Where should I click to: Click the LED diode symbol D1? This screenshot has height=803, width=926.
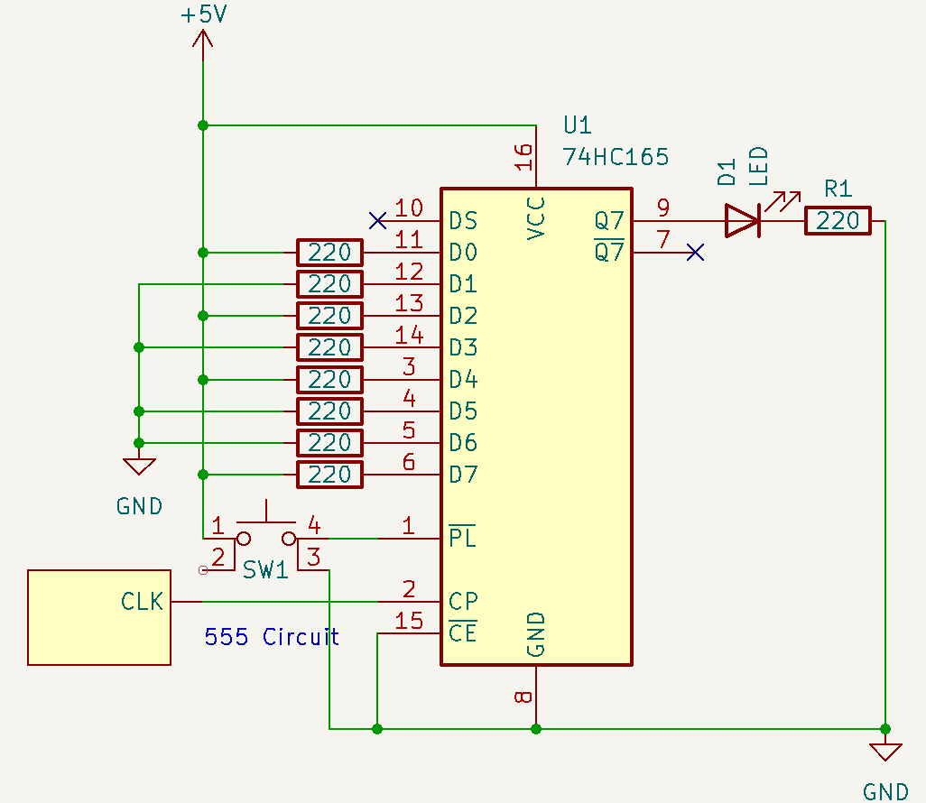743,221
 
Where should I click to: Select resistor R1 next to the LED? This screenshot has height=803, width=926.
838,221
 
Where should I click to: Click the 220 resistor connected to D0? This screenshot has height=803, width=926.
329,253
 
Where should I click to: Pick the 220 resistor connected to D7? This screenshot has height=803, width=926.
329,475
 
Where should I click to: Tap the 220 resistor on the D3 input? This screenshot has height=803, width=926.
329,347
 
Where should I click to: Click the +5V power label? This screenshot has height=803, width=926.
203,16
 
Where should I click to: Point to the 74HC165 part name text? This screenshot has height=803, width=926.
616,157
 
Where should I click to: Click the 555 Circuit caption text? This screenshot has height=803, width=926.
272,637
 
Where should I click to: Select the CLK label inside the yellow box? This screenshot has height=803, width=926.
143,601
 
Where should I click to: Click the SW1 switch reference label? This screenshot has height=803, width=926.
265,570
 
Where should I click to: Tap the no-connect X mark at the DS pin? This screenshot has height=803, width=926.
378,220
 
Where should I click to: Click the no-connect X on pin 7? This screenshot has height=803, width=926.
694,253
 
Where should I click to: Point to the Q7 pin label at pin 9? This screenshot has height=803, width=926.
609,220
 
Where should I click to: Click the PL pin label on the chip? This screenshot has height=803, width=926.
462,538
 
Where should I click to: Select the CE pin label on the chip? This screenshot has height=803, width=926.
462,632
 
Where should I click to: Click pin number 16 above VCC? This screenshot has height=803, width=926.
523,157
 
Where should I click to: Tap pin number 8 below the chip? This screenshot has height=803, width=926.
523,697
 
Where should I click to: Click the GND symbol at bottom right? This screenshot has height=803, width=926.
884,752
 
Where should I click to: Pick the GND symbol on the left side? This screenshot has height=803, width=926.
139,466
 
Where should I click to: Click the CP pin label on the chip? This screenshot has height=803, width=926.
462,601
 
